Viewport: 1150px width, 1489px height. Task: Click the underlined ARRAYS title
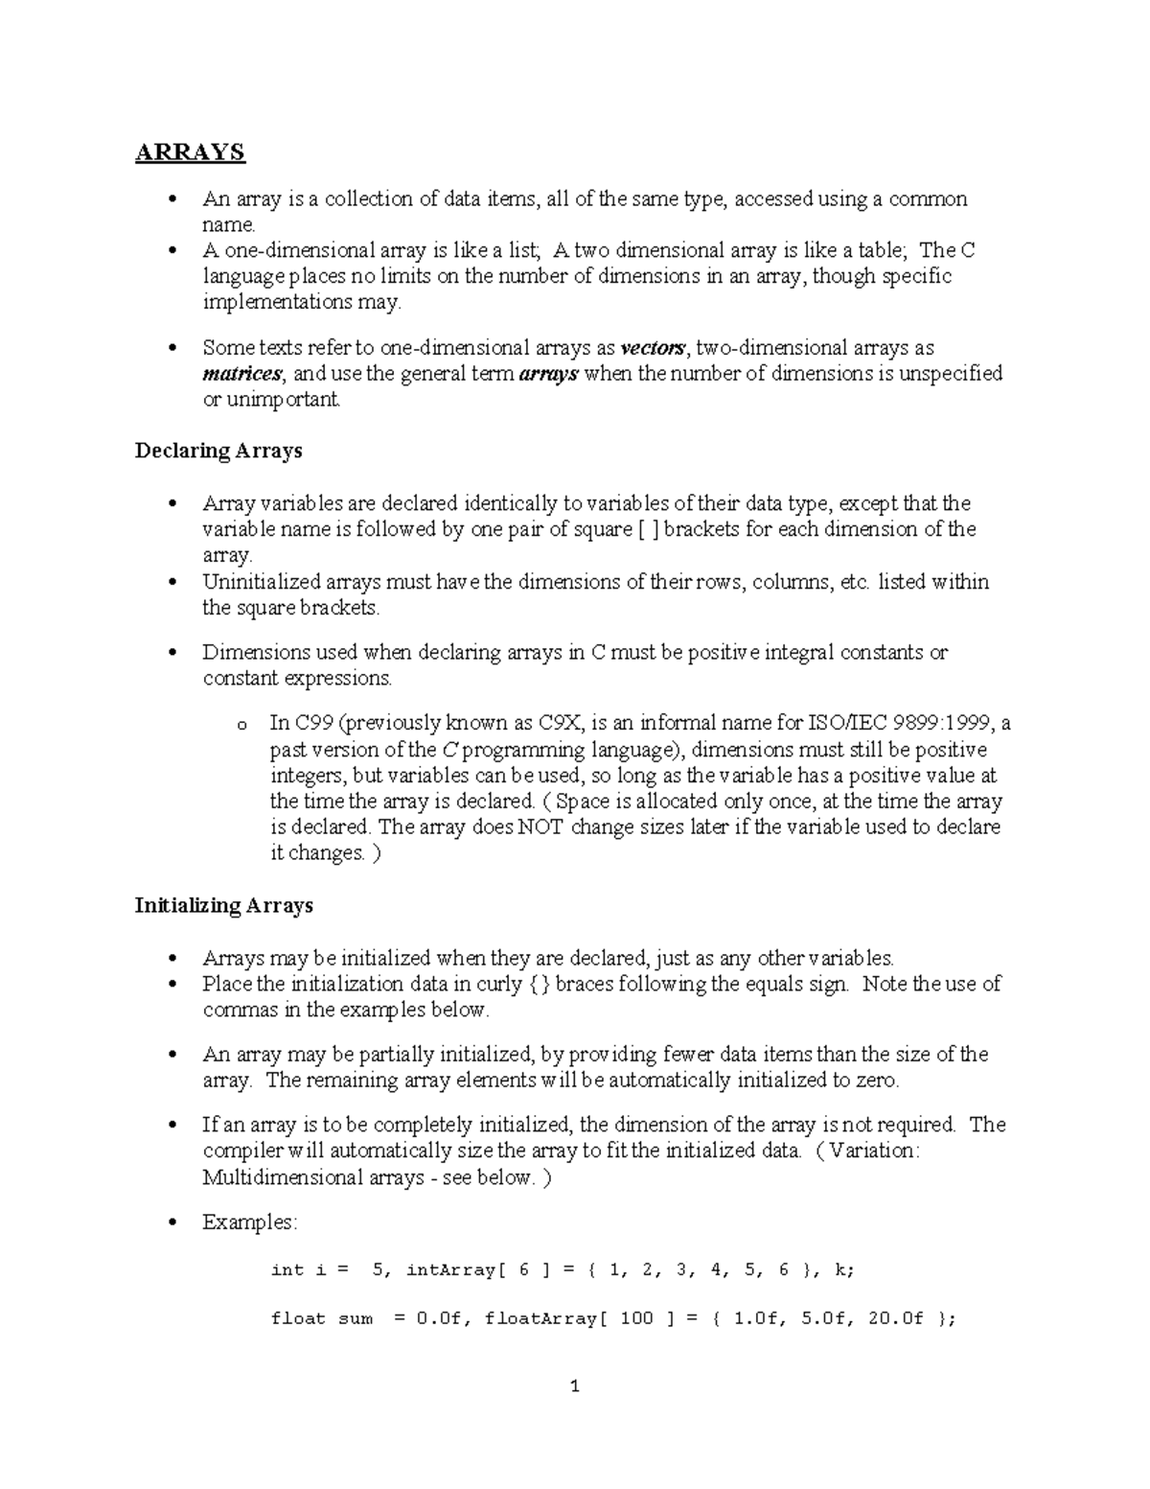(190, 152)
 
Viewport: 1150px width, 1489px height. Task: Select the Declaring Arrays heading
(218, 451)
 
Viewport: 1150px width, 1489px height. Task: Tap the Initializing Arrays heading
(224, 905)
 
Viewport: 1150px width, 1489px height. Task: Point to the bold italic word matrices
(242, 373)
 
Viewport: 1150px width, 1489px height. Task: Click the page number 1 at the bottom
(574, 1386)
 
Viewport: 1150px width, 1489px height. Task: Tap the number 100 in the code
(636, 1319)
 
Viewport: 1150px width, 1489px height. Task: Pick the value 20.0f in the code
(895, 1319)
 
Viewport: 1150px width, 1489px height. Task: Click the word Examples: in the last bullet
(250, 1222)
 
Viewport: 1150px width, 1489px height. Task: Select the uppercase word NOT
(540, 826)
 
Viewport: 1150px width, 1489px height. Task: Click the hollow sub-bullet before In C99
(241, 725)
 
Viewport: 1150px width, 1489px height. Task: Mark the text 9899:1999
(941, 723)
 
